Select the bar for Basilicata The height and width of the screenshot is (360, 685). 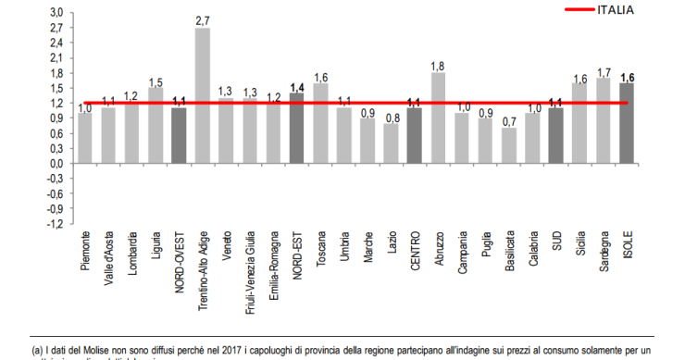(x=509, y=145)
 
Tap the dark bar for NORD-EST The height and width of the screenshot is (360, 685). (x=297, y=128)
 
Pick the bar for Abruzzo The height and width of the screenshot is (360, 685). (x=438, y=118)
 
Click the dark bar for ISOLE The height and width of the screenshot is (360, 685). (x=627, y=122)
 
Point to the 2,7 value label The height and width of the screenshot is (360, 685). (x=203, y=19)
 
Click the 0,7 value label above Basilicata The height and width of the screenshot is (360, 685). (x=509, y=120)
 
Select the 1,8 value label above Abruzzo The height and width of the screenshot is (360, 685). (x=438, y=65)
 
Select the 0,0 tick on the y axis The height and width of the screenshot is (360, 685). (x=56, y=164)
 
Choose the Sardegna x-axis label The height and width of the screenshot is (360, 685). (x=604, y=255)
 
